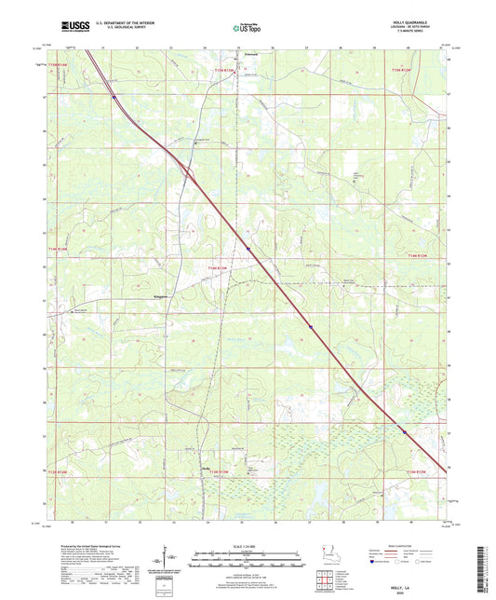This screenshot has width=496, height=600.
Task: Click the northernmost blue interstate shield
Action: (x=114, y=96)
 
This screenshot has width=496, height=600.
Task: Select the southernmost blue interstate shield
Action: (x=404, y=431)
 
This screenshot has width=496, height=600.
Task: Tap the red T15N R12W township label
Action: (x=401, y=68)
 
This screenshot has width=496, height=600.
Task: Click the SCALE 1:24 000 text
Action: (x=248, y=547)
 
